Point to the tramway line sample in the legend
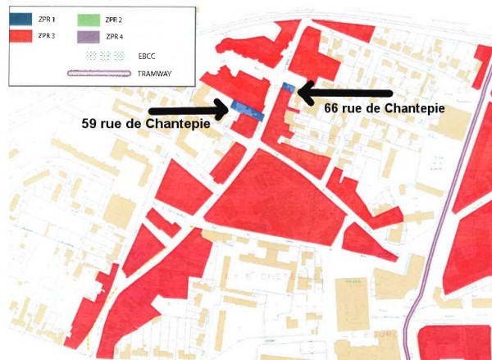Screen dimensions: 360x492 pos(99,73)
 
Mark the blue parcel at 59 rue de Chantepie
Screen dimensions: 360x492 pos(247,111)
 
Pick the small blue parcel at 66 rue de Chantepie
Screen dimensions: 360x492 pos(287,86)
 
